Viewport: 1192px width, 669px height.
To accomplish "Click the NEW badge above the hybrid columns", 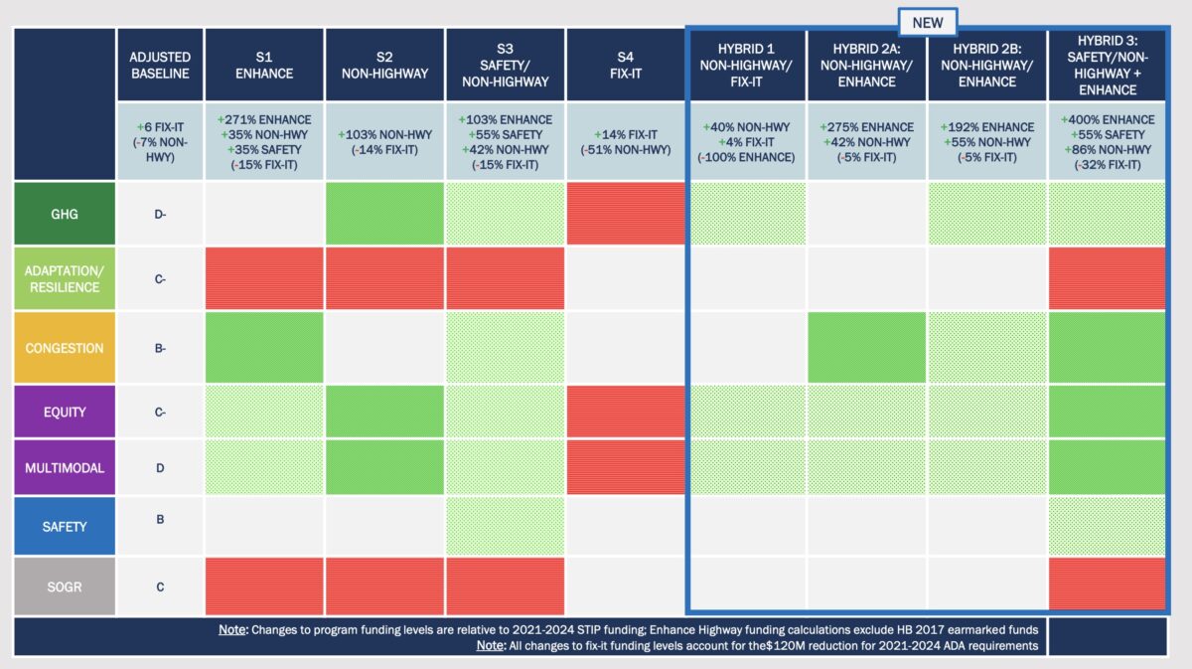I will point(927,22).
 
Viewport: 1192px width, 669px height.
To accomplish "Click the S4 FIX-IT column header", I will point(625,65).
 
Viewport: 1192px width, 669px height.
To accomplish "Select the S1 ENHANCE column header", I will point(263,65).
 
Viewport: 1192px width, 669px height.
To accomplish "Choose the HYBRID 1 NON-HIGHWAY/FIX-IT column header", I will point(746,65).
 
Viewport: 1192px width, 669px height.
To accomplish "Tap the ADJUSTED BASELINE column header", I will point(159,65).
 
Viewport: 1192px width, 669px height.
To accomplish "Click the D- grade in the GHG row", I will point(159,213).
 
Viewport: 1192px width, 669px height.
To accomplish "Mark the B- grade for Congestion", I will point(159,348).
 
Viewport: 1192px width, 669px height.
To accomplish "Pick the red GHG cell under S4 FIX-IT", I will point(625,213).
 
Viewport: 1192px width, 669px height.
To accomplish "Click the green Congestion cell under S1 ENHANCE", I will point(263,348).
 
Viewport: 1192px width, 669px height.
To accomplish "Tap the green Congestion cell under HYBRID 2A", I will point(866,348).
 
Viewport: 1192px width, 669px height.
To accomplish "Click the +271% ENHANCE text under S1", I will point(263,119).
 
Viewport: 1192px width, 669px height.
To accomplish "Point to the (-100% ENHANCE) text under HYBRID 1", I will point(746,157).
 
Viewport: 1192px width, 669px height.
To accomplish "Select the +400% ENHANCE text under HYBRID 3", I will point(1107,119).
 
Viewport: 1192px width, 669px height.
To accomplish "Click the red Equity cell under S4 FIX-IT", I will point(625,412).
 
